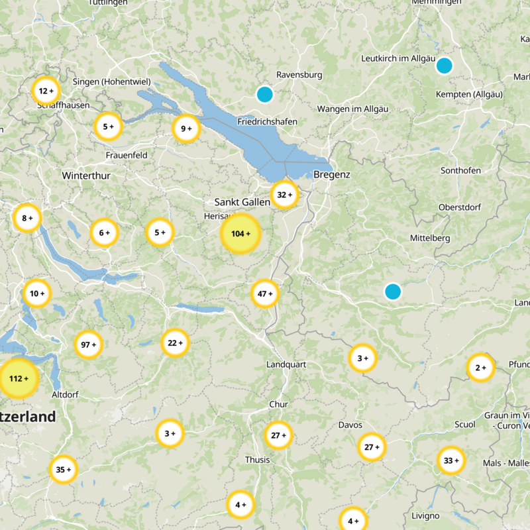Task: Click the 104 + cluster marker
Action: click(x=240, y=234)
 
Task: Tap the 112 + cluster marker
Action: click(x=19, y=378)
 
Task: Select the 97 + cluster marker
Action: click(x=89, y=344)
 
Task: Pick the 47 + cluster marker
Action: click(x=265, y=293)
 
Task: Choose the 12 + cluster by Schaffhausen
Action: click(x=46, y=91)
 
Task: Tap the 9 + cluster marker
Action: click(x=185, y=129)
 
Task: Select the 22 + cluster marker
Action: click(x=176, y=343)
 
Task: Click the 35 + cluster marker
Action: click(x=64, y=470)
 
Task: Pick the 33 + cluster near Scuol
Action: click(x=451, y=460)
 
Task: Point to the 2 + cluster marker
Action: click(x=480, y=368)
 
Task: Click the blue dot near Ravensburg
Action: click(x=265, y=95)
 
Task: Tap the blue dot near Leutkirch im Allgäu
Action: click(x=444, y=66)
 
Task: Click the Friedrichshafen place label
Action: click(x=267, y=122)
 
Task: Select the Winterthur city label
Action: click(x=86, y=176)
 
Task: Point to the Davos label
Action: click(x=350, y=425)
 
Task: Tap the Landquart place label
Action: click(x=286, y=364)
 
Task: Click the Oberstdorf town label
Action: click(x=460, y=207)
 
